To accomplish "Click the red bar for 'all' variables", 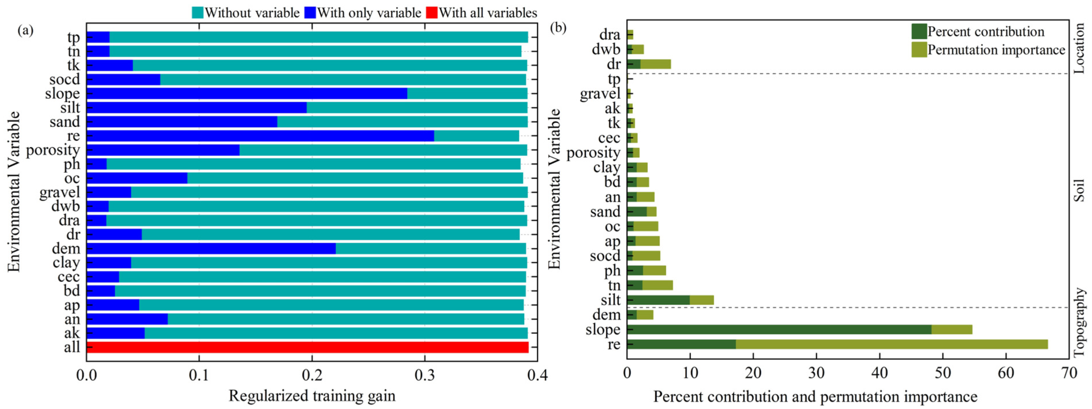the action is click(307, 347).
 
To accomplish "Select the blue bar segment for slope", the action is click(247, 93).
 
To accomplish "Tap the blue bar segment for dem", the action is click(211, 248).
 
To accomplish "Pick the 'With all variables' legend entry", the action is click(482, 13).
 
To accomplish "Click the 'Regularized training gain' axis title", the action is click(312, 396).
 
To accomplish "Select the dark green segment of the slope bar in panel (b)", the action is click(779, 329).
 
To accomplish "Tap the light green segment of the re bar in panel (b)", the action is click(892, 344).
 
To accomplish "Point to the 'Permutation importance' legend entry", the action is click(988, 50).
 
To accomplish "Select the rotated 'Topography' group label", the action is click(1080, 322).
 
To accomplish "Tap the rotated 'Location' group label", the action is click(1080, 48).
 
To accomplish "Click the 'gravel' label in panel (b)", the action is click(600, 94).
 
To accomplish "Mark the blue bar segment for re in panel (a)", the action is click(260, 136).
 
